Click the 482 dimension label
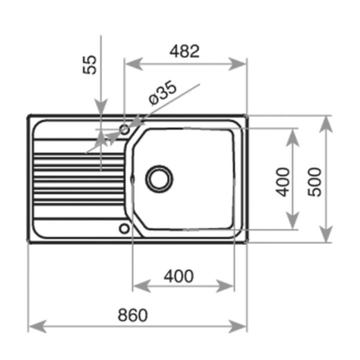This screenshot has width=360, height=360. tap(184, 51)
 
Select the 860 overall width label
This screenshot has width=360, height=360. tap(133, 315)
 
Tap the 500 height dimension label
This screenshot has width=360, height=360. tap(314, 182)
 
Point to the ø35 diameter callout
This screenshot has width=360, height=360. tap(163, 93)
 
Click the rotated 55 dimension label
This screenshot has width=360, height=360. tap(90, 65)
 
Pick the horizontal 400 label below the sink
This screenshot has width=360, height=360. tap(179, 276)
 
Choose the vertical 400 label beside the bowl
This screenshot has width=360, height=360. tap(283, 182)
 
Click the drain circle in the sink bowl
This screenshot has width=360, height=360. tap(159, 179)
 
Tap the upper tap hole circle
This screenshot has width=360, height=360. tap(124, 130)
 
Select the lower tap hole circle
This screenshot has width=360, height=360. tap(124, 229)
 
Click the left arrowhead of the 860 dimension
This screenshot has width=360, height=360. tap(38, 326)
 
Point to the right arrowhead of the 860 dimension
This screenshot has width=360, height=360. tap(237, 326)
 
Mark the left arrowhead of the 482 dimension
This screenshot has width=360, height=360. tap(134, 64)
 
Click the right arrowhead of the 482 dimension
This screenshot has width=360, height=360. tap(237, 64)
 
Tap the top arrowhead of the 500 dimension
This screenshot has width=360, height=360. tap(326, 125)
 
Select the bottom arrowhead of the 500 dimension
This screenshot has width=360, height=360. tap(326, 234)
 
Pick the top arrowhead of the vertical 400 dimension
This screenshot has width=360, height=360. tap(293, 138)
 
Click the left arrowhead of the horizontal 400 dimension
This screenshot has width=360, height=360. tap(142, 286)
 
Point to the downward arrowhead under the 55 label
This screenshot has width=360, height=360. tap(101, 106)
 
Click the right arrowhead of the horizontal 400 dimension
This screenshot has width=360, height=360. tap(225, 286)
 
